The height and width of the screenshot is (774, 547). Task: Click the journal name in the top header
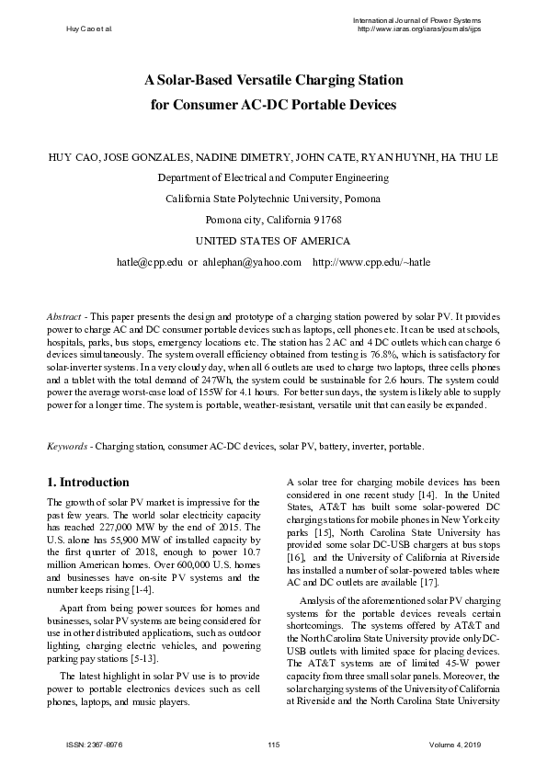417,20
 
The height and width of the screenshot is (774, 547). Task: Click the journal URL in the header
418,29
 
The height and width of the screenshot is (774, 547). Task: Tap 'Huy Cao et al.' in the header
89,29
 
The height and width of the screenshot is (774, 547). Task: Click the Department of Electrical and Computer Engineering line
273,177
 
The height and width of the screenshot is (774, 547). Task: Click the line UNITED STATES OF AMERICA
273,241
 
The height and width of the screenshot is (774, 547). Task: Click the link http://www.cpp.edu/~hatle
371,262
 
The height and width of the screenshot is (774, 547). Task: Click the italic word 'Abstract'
63,316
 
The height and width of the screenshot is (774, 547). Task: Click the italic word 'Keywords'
66,446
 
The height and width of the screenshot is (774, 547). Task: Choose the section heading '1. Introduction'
87,482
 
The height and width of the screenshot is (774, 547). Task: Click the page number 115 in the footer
273,743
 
